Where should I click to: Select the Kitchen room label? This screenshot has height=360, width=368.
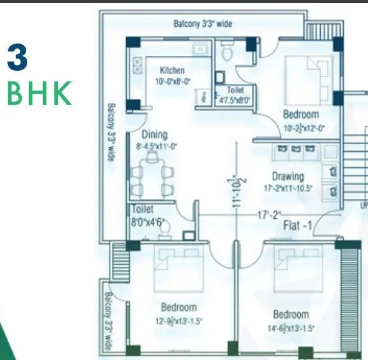(x=172, y=70)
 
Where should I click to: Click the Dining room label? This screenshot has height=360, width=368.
(x=154, y=134)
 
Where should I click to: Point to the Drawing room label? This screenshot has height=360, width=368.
(x=288, y=176)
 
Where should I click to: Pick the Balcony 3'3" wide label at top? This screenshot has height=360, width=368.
(x=202, y=24)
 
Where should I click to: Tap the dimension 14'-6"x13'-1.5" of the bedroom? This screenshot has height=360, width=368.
(x=291, y=328)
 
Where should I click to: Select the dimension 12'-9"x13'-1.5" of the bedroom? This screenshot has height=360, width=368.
(x=179, y=321)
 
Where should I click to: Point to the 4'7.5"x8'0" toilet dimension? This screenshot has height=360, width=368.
(x=234, y=99)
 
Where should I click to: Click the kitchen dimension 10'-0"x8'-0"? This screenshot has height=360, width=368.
(x=172, y=80)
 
